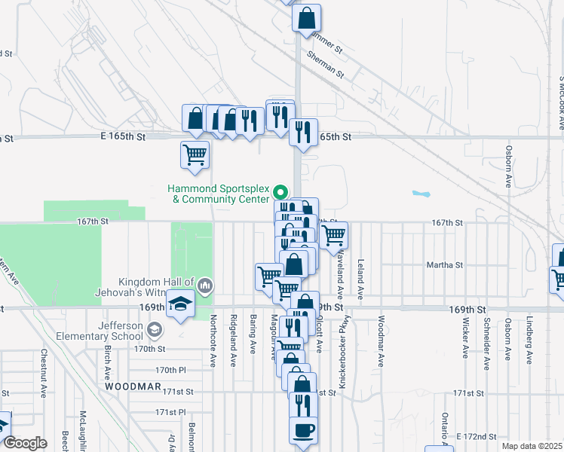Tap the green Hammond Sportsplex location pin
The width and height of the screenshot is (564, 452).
tap(280, 191)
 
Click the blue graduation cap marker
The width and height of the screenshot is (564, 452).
tap(181, 304)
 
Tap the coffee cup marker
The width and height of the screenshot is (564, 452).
tap(304, 431)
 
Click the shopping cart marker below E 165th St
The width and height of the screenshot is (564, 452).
tap(195, 155)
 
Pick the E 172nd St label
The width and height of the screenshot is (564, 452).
tap(477, 437)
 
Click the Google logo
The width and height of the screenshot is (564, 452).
tap(25, 443)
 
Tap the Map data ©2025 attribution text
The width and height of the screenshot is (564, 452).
tap(532, 446)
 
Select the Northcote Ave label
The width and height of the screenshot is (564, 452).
tap(213, 341)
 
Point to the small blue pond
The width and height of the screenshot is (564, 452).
tap(419, 193)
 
